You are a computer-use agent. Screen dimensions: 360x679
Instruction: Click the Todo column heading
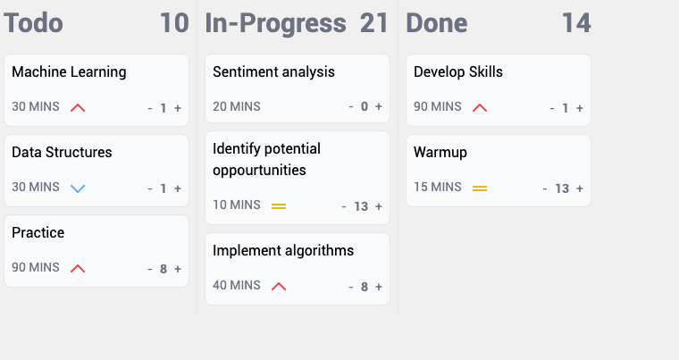34,23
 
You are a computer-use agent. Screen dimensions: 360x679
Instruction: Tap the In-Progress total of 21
374,23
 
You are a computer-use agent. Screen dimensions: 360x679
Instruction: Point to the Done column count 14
576,23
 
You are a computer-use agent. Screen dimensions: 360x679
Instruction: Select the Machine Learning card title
69,72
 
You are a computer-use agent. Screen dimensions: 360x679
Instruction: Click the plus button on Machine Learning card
178,108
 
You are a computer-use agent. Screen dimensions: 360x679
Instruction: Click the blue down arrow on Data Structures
78,188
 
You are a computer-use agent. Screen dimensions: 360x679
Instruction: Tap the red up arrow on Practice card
78,268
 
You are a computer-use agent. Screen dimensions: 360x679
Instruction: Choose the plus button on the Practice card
178,269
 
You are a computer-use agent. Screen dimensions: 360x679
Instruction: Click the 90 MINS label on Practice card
36,268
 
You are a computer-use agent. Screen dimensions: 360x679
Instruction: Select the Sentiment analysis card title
273,72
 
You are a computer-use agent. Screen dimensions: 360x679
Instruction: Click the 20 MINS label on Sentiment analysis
237,107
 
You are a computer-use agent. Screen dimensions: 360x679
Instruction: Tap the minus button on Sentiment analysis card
351,107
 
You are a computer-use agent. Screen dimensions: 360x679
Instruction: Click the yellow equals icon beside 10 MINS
279,205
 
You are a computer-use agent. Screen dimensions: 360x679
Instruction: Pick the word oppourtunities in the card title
259,170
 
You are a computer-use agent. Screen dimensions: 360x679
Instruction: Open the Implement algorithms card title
283,251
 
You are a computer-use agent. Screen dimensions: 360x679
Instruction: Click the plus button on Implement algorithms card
379,287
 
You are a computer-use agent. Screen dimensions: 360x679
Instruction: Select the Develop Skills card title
458,72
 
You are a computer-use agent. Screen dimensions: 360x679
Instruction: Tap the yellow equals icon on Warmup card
480,188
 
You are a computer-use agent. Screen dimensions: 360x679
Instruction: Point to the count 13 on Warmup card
562,188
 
